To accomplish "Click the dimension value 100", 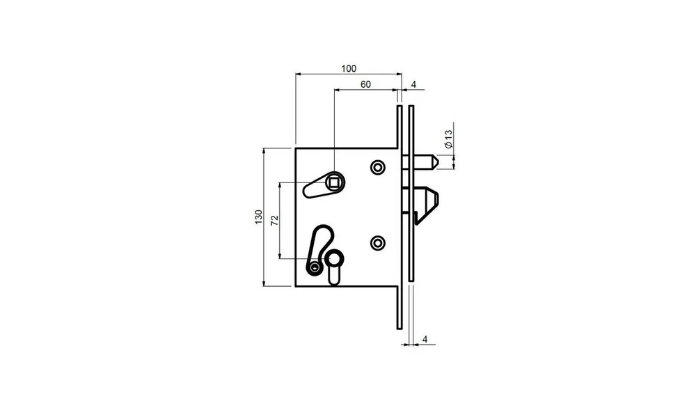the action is tap(349, 68).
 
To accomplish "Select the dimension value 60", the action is tap(365, 84).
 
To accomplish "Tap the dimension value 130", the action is tap(259, 217).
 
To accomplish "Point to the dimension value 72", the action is tap(275, 220).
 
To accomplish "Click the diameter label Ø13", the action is tap(448, 139).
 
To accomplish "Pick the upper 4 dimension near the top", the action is tap(413, 84).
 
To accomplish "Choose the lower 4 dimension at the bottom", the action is tap(425, 339).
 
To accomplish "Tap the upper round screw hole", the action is tap(378, 167).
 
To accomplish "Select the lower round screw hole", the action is tap(378, 243).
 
